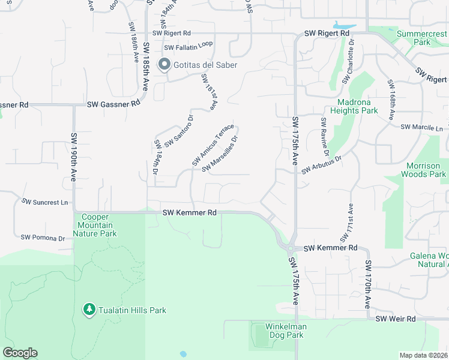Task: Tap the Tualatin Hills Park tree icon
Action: click(x=89, y=310)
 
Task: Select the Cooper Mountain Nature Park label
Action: click(x=96, y=226)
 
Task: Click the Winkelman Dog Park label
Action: click(x=286, y=331)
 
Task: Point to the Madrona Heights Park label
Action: click(x=354, y=106)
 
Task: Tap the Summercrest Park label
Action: click(x=422, y=38)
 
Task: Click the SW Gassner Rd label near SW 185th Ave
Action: click(x=113, y=104)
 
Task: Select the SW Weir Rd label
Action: click(x=396, y=319)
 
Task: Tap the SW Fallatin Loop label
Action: click(x=188, y=47)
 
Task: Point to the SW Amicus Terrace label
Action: click(x=213, y=145)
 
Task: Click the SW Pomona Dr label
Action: click(x=43, y=238)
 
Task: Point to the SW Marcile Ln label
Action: click(x=421, y=127)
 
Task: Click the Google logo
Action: click(x=20, y=353)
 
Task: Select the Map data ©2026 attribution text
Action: click(x=423, y=355)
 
